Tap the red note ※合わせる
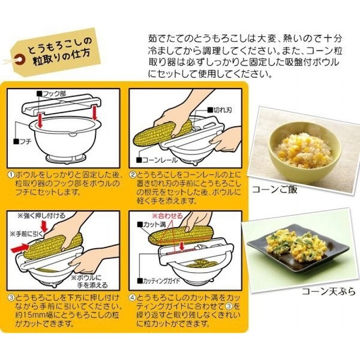click(168, 216)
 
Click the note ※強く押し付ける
click(41, 216)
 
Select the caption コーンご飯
click(275, 189)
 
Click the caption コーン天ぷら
click(328, 291)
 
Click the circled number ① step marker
click(11, 175)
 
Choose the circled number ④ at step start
click(132, 298)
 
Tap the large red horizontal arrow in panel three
click(21, 248)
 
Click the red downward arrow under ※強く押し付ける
click(44, 226)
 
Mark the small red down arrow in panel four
click(182, 246)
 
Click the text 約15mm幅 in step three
click(33, 315)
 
